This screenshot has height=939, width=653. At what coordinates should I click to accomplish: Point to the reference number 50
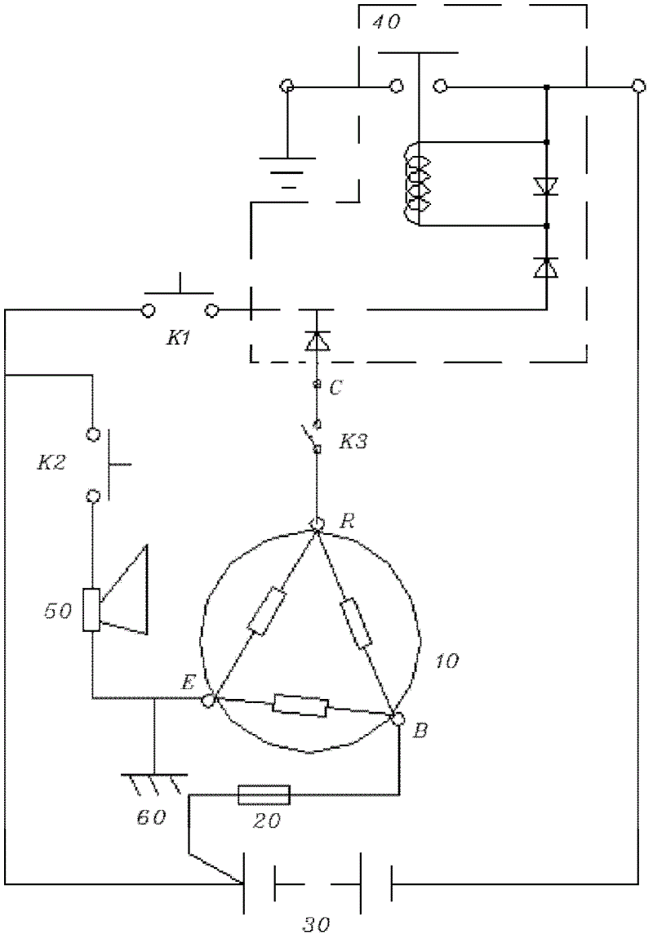click(x=58, y=612)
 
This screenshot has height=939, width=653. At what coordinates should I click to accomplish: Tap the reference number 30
click(x=315, y=924)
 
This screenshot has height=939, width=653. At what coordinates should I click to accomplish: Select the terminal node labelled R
click(x=316, y=524)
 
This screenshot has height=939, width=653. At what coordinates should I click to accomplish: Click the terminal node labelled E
click(x=209, y=699)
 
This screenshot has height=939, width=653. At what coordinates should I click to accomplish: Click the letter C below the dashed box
click(x=335, y=388)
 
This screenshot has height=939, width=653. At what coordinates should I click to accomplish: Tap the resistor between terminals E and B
click(x=300, y=705)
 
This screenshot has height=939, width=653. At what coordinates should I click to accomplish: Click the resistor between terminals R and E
click(x=267, y=612)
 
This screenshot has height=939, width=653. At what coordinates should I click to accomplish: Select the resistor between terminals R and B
click(x=356, y=624)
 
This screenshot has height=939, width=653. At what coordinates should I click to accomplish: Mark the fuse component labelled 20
click(x=264, y=794)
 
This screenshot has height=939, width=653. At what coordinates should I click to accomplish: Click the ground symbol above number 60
click(x=154, y=783)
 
